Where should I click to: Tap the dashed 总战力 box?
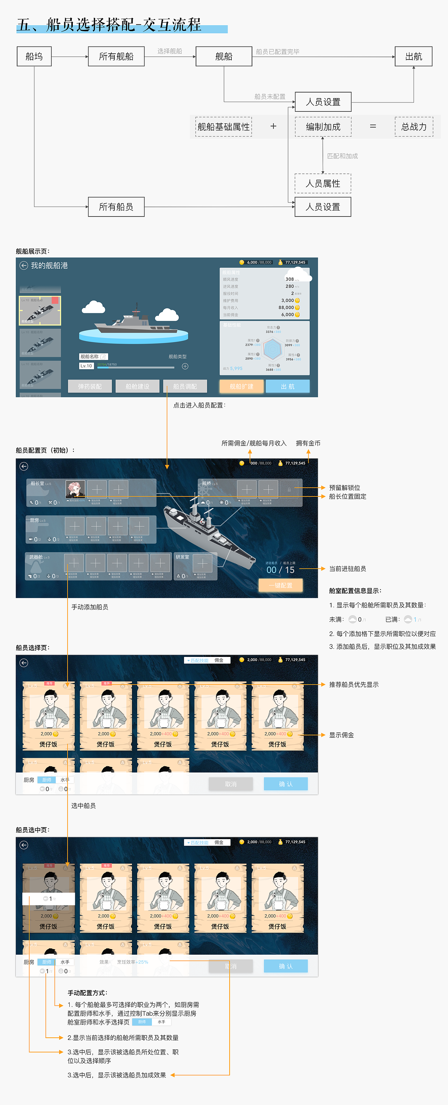click(x=414, y=127)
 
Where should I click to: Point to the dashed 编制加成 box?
click(x=323, y=127)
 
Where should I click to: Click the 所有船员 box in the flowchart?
click(x=116, y=207)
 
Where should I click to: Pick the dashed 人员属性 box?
click(x=322, y=184)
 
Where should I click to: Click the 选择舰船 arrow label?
click(x=169, y=51)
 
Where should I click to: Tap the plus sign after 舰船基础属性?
click(x=273, y=126)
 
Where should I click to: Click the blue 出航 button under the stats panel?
click(x=287, y=386)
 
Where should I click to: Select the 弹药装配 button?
click(x=90, y=386)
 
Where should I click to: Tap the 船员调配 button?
click(x=185, y=386)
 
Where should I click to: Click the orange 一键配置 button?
click(x=280, y=585)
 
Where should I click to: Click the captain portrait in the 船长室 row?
click(x=75, y=489)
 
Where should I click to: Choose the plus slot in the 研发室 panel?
click(x=202, y=562)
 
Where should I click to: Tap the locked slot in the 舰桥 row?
click(x=289, y=489)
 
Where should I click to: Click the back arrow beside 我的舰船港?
click(x=23, y=266)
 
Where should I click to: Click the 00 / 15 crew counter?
click(x=280, y=570)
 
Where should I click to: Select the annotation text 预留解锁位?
click(x=344, y=488)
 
